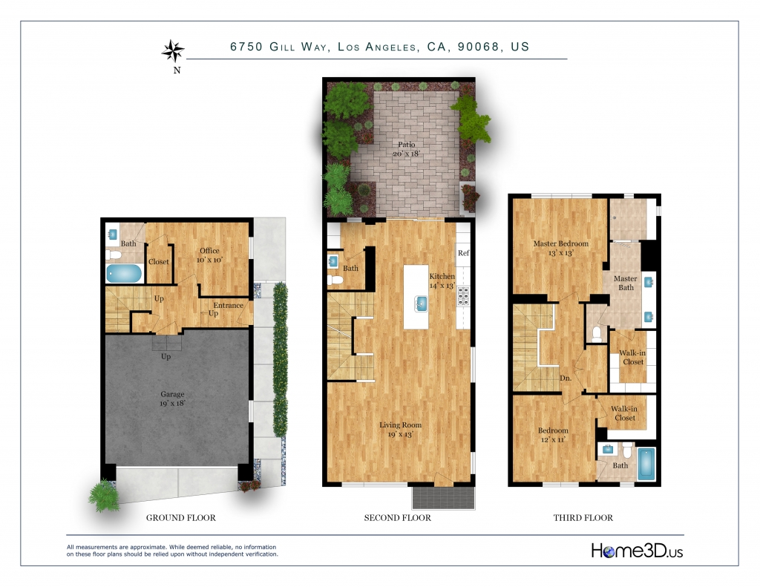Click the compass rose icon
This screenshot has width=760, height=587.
173,51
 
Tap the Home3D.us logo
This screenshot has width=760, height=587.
637,551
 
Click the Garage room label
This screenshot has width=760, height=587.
172,399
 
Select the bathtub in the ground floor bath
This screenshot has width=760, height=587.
124,273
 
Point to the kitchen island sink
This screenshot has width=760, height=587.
421,304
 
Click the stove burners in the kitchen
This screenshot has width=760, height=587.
463,295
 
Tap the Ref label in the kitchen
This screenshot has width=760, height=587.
463,253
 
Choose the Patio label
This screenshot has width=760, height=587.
407,149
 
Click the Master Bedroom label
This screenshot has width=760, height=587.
561,248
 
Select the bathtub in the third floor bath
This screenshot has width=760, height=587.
646,465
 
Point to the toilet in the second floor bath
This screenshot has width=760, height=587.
335,280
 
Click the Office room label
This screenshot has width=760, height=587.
209,255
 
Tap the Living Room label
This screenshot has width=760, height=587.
400,430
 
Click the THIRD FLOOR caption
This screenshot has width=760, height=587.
583,518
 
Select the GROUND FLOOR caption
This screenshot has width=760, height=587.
181,518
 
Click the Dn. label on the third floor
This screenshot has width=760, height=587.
566,378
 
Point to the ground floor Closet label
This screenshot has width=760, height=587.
159,262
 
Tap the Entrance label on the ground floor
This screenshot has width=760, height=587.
229,306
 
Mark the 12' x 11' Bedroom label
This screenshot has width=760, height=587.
553,435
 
